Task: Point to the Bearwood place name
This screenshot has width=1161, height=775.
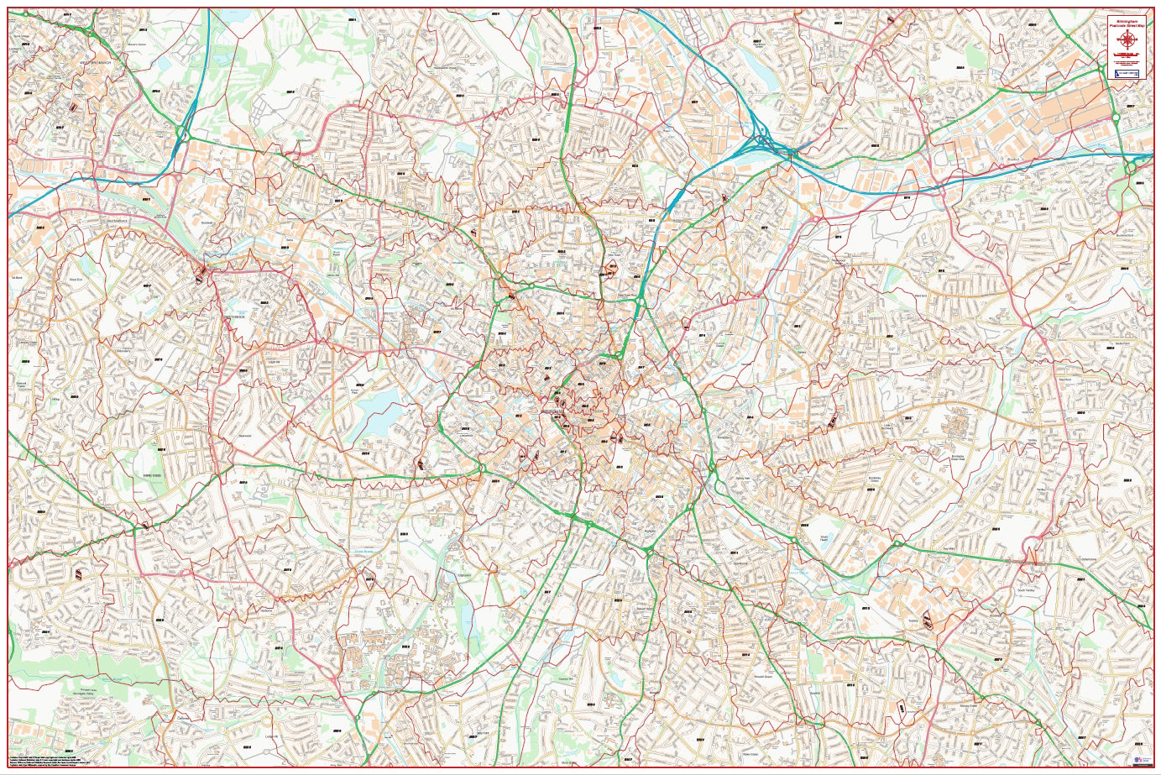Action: (x=245, y=435)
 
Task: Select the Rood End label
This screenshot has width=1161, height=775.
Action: (x=75, y=280)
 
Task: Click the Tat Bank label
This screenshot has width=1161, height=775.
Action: (x=16, y=276)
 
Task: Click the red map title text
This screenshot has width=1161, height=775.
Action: (x=1126, y=25)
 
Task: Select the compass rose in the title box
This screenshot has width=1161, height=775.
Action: (x=1126, y=42)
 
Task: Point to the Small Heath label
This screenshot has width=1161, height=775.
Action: (x=801, y=537)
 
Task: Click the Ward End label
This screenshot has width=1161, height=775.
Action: (x=921, y=295)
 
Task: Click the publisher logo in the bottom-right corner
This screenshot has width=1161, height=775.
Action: (x=1138, y=760)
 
